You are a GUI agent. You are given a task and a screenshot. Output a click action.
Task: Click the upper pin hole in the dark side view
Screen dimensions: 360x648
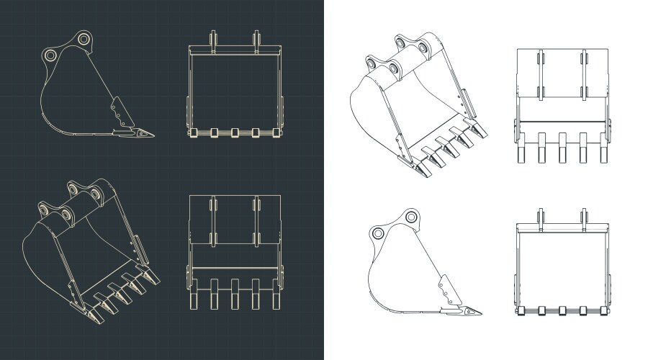click(x=84, y=39)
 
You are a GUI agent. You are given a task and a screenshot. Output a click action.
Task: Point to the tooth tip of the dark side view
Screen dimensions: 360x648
click(x=153, y=134)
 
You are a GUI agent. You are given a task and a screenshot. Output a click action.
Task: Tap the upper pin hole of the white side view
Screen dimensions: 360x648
click(x=411, y=216)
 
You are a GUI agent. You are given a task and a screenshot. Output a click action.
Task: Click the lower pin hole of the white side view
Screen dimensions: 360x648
click(x=378, y=233)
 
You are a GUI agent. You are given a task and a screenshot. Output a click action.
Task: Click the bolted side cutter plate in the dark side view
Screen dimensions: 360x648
click(x=119, y=112)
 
